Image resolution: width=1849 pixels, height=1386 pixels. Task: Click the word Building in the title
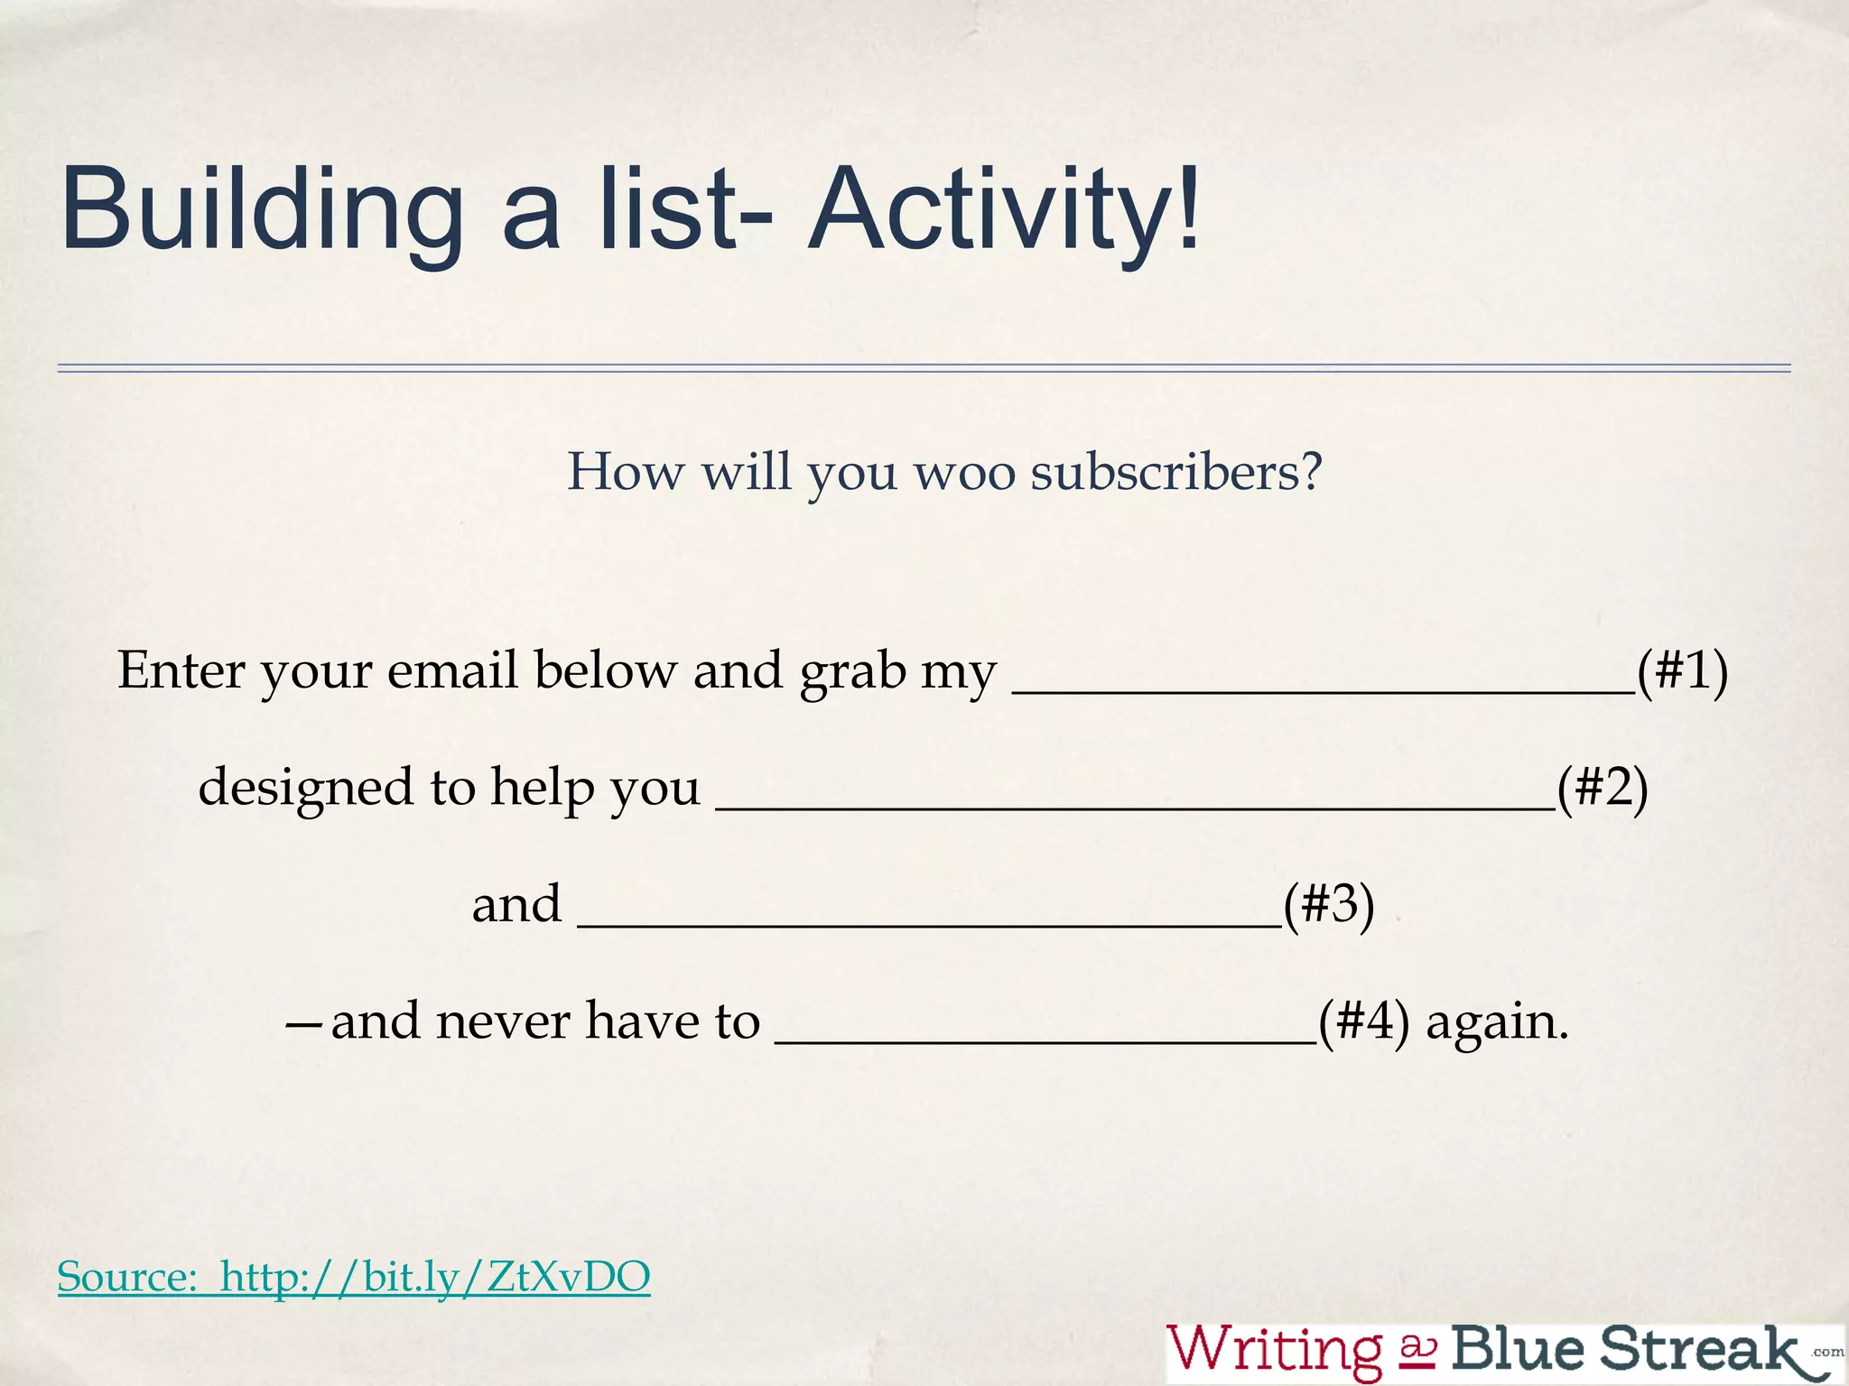(261, 208)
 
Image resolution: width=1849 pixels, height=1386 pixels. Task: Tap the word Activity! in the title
(1004, 208)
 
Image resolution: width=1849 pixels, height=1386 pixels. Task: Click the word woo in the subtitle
(965, 471)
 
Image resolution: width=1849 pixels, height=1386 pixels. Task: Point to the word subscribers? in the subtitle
(1176, 471)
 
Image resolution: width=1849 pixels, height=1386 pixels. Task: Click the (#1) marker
(1683, 671)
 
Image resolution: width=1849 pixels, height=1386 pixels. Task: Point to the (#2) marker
(1603, 788)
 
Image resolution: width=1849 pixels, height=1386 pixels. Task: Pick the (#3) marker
(1329, 904)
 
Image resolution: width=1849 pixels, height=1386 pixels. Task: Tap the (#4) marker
(1363, 1021)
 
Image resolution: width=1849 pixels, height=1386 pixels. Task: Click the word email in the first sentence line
(451, 671)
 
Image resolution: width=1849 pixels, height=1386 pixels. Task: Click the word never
(503, 1021)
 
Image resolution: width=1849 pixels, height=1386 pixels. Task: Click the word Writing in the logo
(1274, 1350)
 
